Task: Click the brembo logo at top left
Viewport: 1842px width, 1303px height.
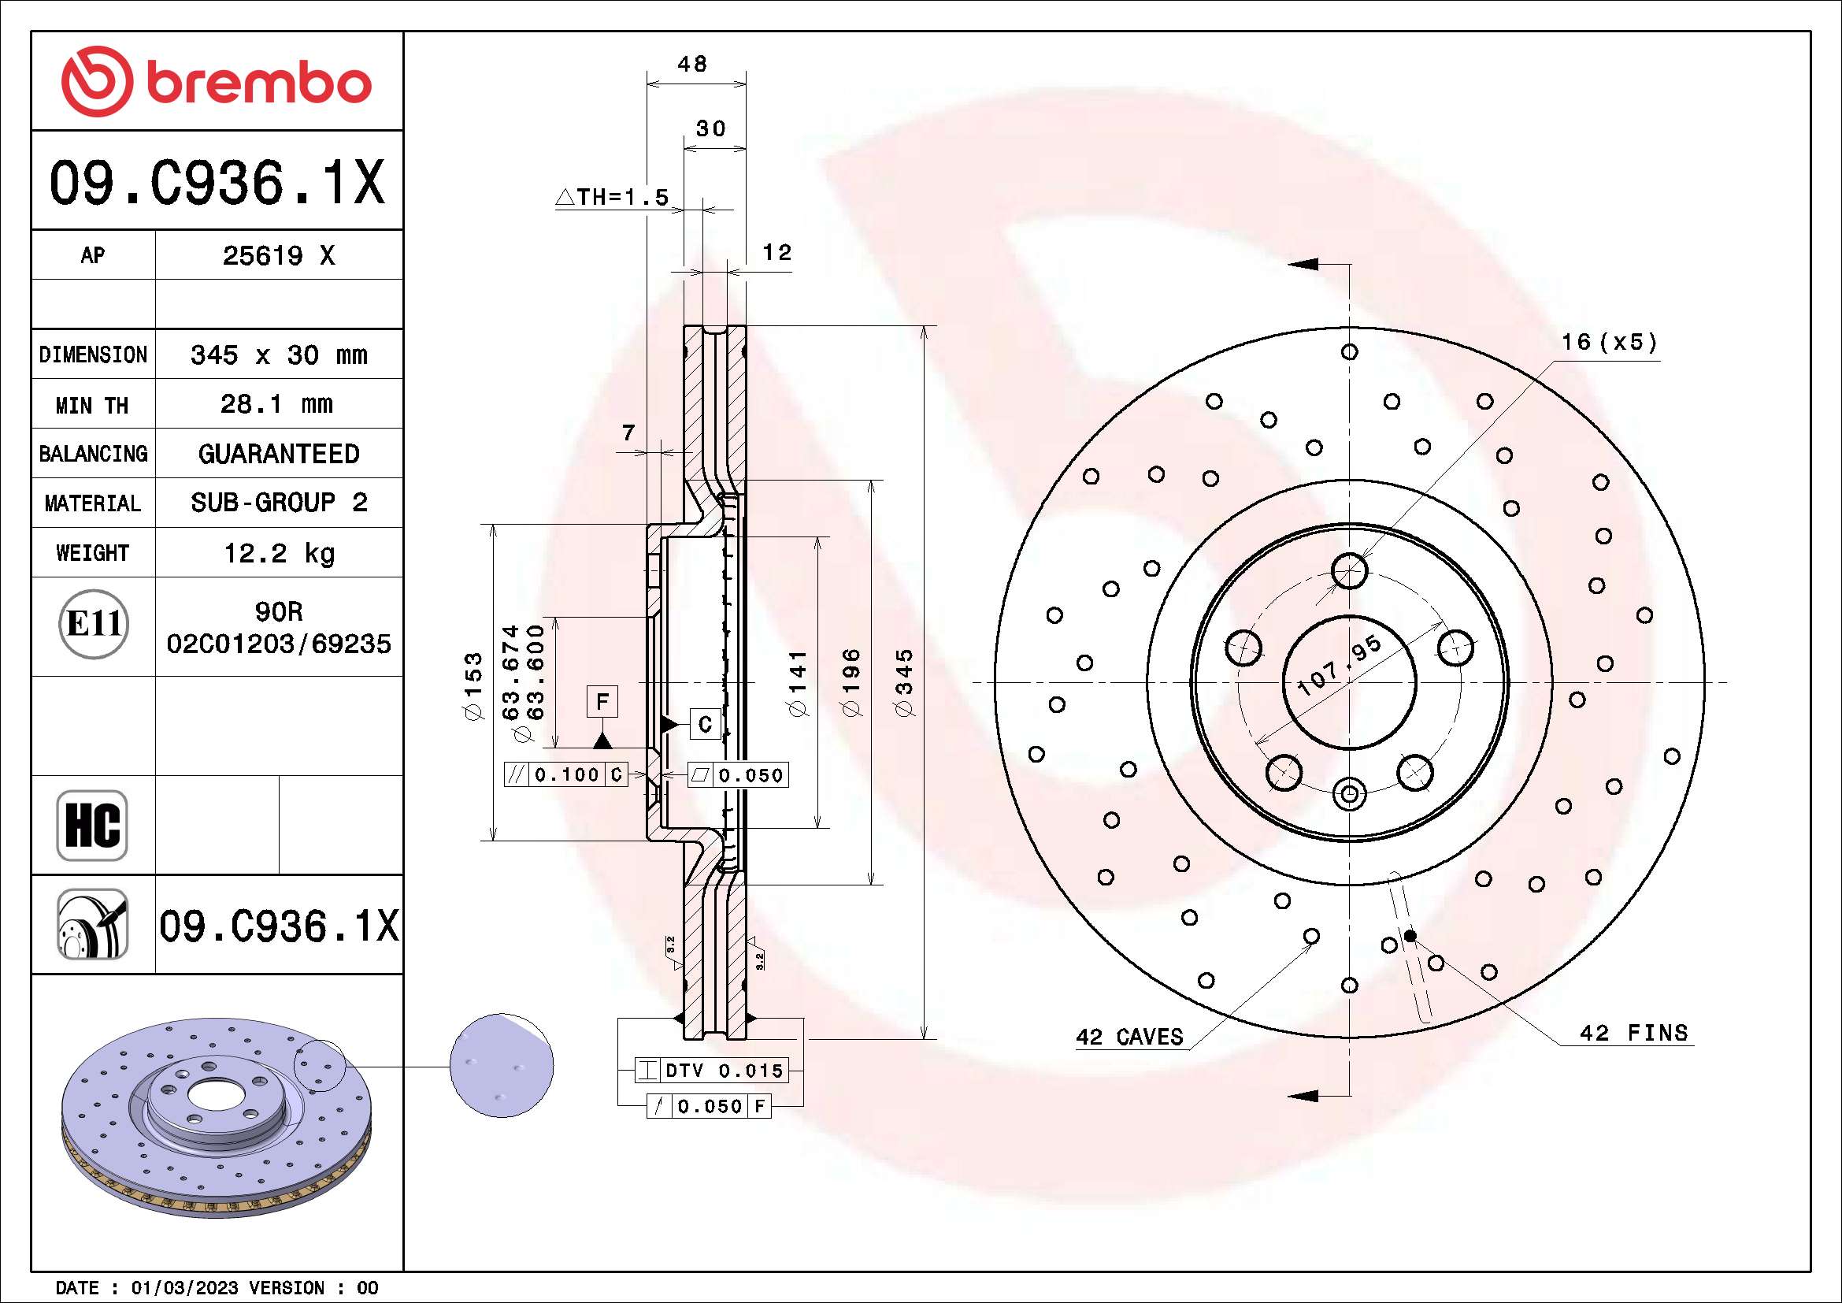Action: click(217, 82)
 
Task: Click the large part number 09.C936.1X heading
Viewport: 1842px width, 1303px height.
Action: click(217, 183)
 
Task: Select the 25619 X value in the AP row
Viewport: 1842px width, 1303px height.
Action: click(278, 256)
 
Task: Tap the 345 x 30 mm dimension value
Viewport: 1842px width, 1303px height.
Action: click(278, 355)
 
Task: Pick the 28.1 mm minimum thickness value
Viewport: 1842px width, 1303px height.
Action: click(276, 404)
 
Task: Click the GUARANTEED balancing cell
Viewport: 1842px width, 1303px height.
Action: click(278, 454)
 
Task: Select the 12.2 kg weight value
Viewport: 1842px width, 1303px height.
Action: click(278, 553)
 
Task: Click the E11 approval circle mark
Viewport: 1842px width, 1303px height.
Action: click(94, 624)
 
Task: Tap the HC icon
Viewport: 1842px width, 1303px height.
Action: click(92, 825)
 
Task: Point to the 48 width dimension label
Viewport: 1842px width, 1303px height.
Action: click(692, 63)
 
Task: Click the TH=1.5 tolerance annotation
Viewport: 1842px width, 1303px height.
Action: click(612, 198)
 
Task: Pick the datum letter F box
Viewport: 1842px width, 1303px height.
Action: click(602, 701)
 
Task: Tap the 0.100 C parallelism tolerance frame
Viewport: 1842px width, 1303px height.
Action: click(565, 775)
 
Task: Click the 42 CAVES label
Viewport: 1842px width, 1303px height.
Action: click(1129, 1038)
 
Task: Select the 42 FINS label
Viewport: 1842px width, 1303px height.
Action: click(1633, 1034)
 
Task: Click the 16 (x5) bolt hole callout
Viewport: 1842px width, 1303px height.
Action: click(1609, 343)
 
